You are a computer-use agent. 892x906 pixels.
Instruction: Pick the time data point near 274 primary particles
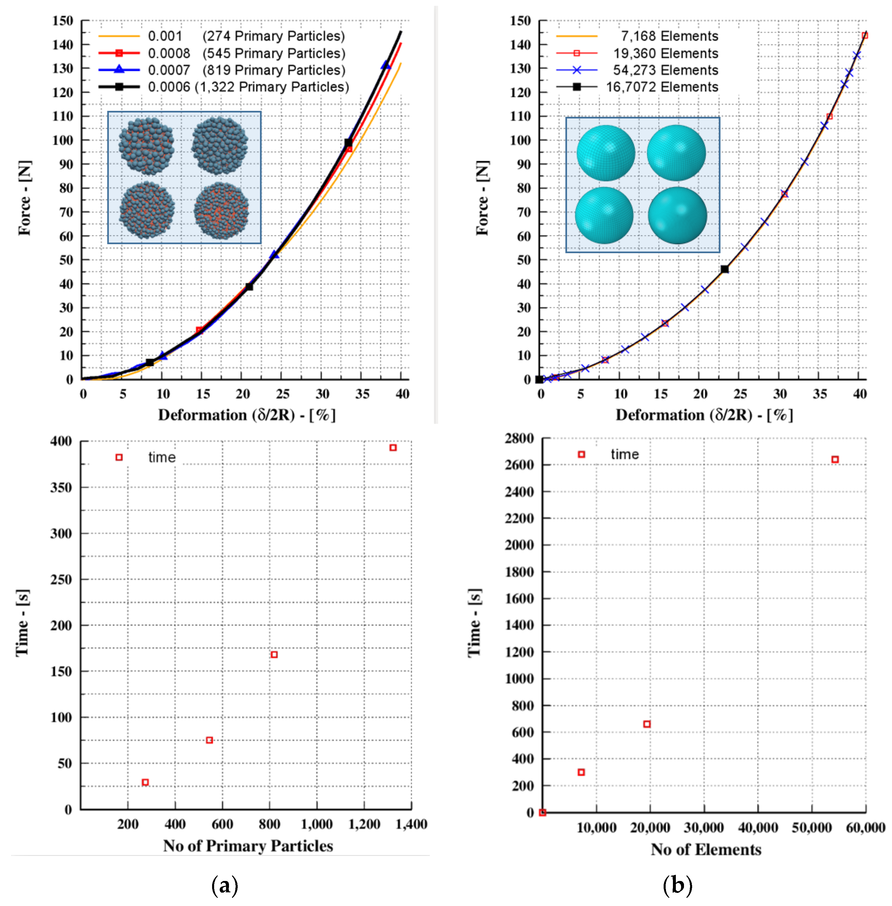click(145, 782)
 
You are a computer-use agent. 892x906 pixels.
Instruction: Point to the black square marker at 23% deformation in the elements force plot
click(724, 269)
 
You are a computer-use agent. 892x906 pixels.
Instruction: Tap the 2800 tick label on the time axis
click(519, 439)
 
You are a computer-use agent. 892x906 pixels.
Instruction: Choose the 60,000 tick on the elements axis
click(865, 828)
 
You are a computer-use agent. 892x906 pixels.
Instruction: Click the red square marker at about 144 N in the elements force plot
click(865, 35)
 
